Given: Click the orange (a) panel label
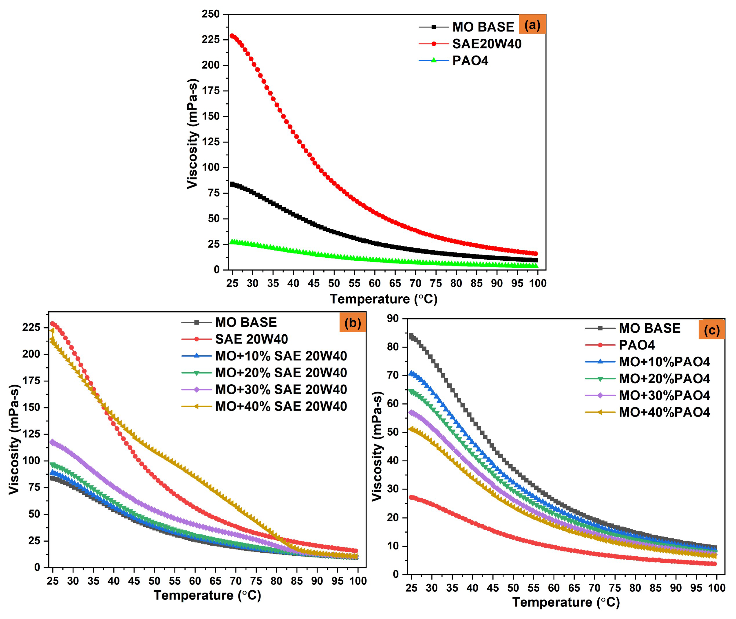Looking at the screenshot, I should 532,25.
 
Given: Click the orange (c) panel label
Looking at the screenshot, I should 711,330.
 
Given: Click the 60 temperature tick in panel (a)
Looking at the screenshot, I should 375,283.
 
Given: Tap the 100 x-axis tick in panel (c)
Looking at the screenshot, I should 716,587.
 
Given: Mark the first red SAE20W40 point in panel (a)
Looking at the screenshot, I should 232,36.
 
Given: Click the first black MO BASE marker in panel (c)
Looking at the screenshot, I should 411,336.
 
